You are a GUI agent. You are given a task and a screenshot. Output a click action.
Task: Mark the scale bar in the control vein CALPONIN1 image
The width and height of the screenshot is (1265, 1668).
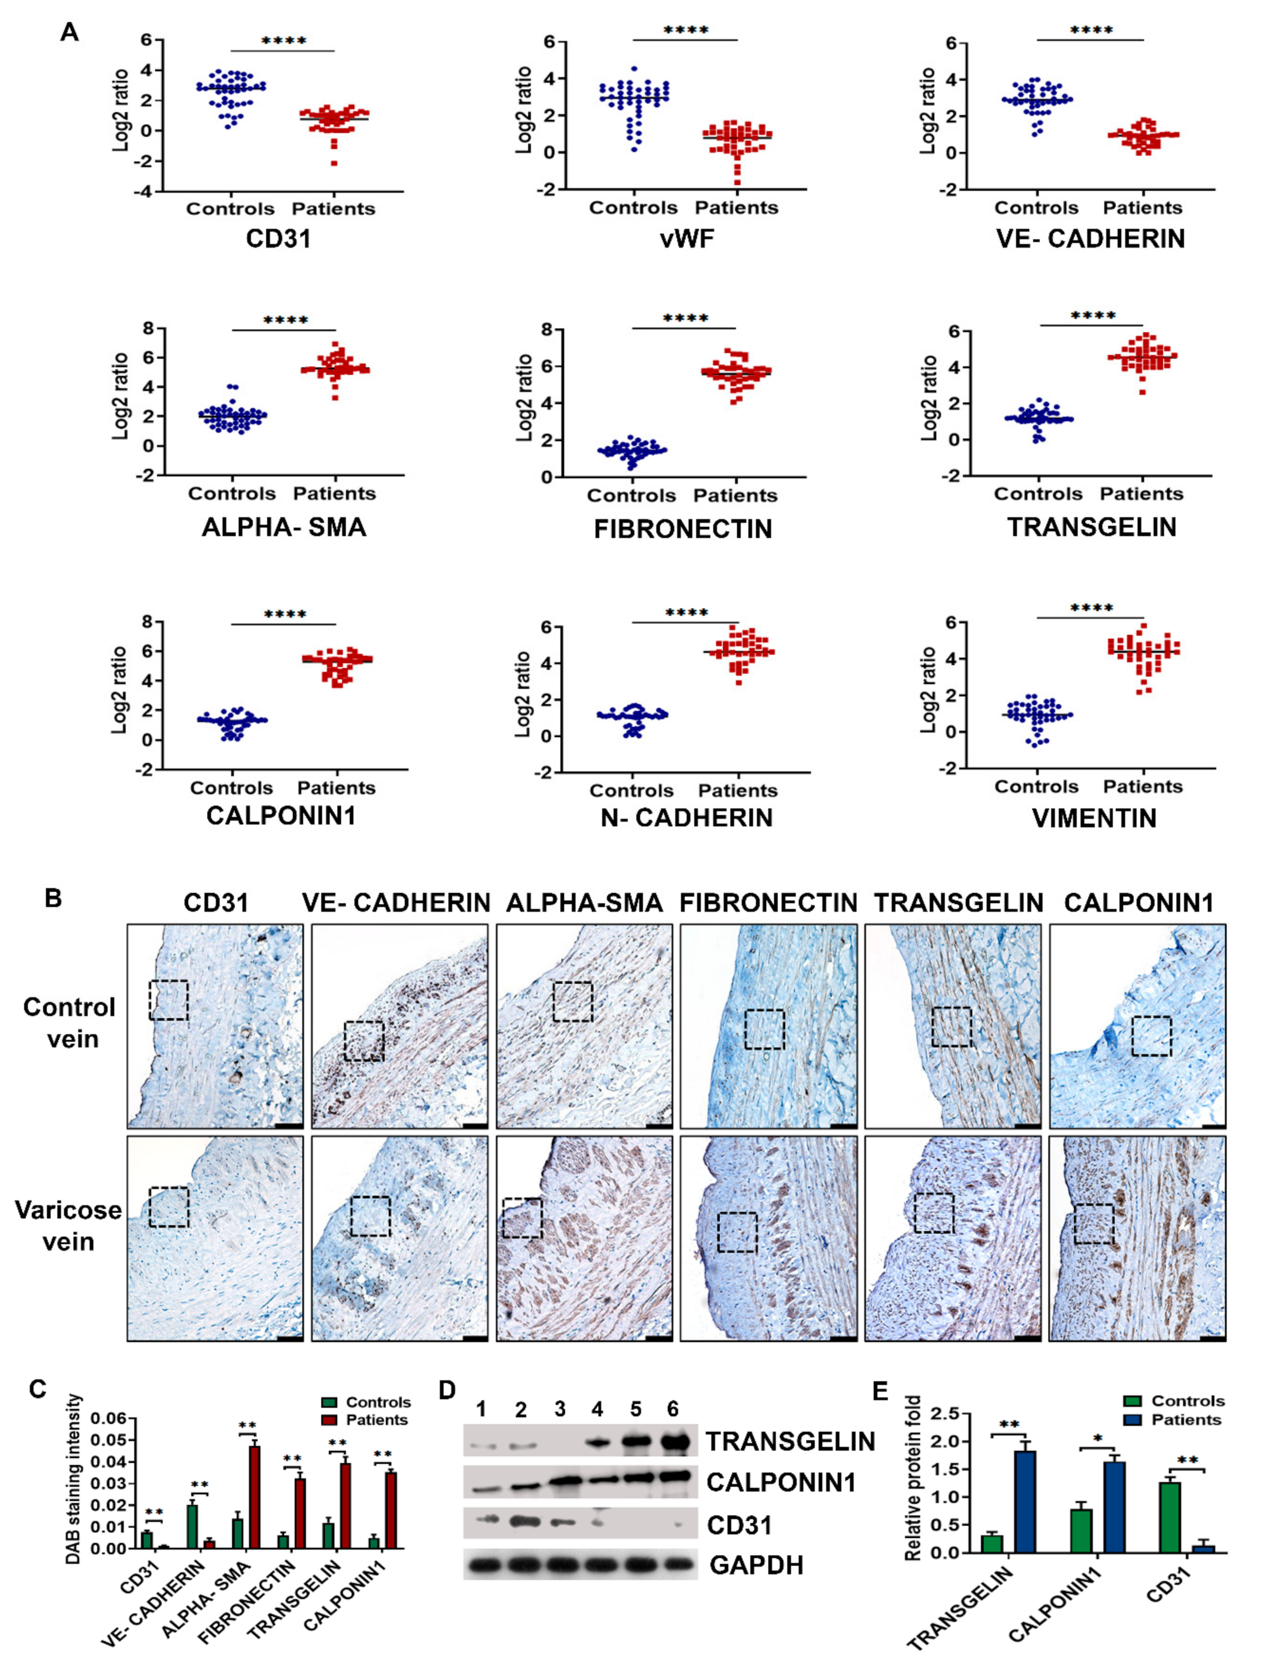click(x=1213, y=1125)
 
